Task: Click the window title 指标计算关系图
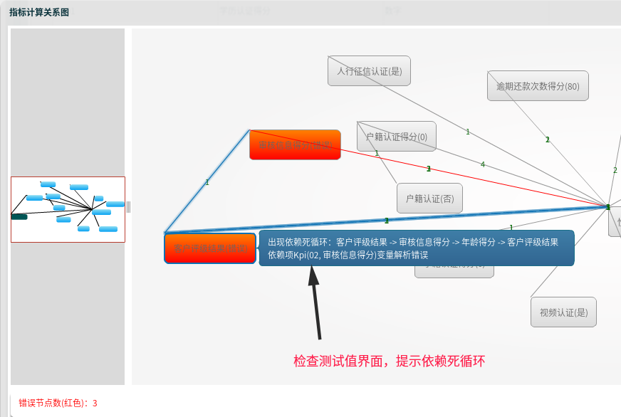click(39, 13)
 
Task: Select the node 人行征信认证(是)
click(369, 70)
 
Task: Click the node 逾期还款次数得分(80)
click(538, 86)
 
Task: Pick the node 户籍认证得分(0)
click(397, 137)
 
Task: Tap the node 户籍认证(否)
click(429, 199)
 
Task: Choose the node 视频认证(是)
click(563, 312)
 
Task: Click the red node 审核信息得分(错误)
click(295, 144)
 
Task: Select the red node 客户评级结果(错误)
click(209, 248)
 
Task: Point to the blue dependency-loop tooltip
click(416, 248)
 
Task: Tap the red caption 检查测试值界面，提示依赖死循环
click(389, 361)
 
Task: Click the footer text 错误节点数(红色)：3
click(58, 403)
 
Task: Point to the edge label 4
click(483, 164)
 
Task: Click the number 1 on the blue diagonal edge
click(207, 182)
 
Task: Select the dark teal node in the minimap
click(19, 216)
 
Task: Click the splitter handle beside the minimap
click(128, 207)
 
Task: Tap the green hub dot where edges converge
click(608, 206)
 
